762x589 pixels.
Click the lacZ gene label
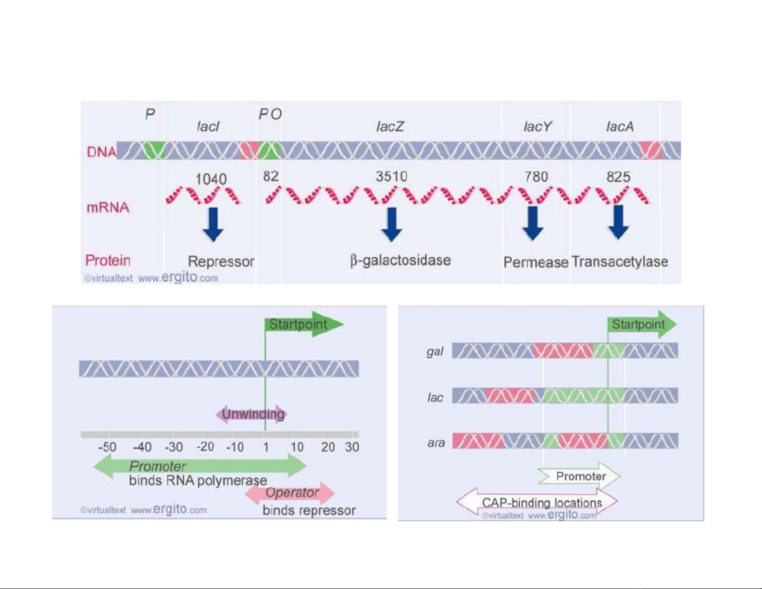click(390, 126)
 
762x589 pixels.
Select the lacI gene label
click(208, 126)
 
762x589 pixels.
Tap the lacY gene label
click(537, 126)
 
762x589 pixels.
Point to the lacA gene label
click(620, 126)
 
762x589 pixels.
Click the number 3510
click(391, 176)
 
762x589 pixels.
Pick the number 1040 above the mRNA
click(211, 179)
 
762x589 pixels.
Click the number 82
click(271, 176)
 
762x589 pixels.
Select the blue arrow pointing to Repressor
click(213, 224)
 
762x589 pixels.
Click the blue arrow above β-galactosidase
click(392, 224)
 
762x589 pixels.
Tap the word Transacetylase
click(620, 262)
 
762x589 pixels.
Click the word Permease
click(536, 262)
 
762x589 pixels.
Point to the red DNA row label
click(101, 152)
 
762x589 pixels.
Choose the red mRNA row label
click(108, 207)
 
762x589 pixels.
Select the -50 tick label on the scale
click(107, 447)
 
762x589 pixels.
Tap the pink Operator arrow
click(291, 493)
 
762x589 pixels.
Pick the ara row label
click(436, 442)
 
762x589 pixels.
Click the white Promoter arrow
click(580, 476)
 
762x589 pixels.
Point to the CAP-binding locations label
click(541, 503)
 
